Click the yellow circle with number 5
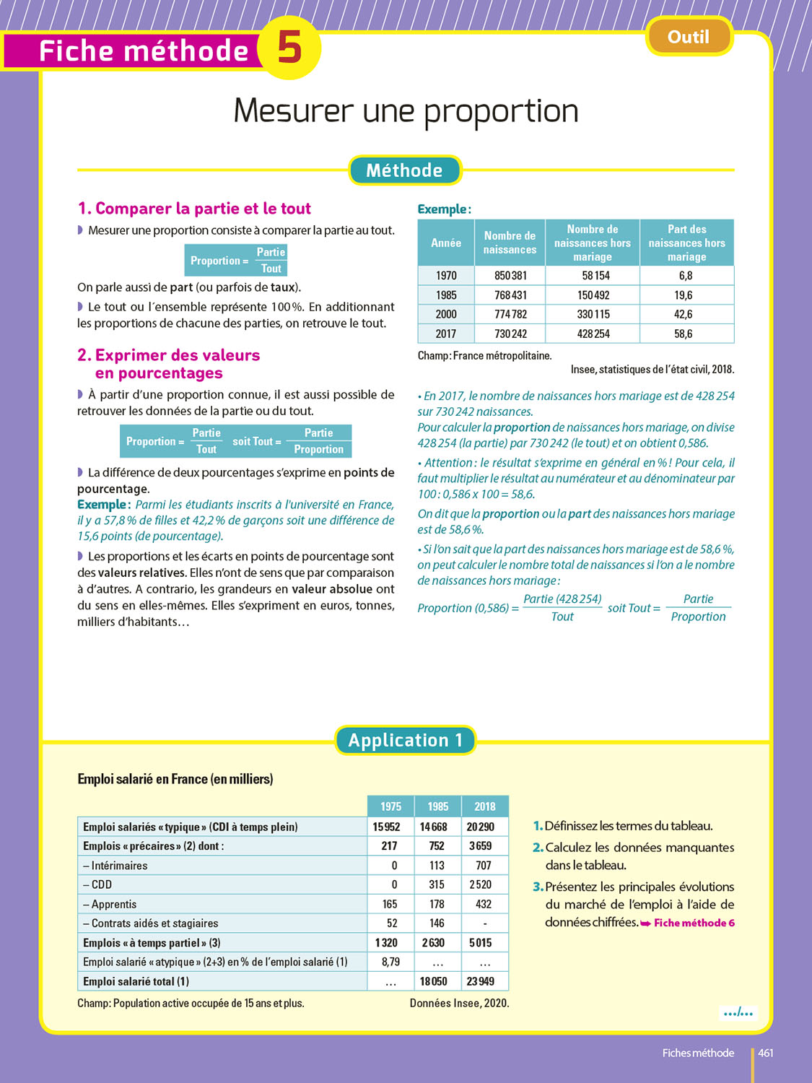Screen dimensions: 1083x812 pos(289,48)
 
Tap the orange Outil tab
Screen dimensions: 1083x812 pos(689,37)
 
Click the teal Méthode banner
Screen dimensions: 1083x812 pos(404,170)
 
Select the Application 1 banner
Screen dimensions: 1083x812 pos(405,740)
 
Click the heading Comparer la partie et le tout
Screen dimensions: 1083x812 pos(194,209)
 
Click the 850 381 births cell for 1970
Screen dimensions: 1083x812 pos(510,276)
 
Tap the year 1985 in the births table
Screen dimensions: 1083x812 pos(446,295)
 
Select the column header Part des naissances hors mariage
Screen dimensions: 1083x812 pos(686,243)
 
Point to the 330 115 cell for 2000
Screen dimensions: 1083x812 pos(593,315)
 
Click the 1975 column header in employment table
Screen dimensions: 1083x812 pos(390,806)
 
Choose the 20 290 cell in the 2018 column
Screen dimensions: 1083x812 pos(481,827)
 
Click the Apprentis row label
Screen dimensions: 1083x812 pos(114,904)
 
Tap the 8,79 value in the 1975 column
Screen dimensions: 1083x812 pos(390,962)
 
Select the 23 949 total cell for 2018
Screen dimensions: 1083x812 pos(481,981)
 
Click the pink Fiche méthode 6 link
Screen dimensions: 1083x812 pos(694,923)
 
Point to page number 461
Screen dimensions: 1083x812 pos(766,1053)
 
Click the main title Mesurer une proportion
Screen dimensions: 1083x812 pos(406,111)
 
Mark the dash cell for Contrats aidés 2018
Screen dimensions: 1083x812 pos(484,923)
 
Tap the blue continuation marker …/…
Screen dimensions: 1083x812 pos(738,1013)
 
